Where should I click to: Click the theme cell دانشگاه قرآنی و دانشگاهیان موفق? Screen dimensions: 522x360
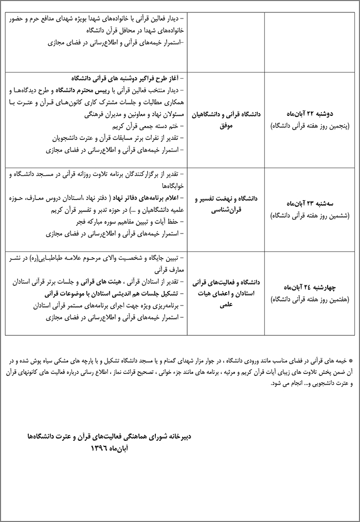coord(226,119)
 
